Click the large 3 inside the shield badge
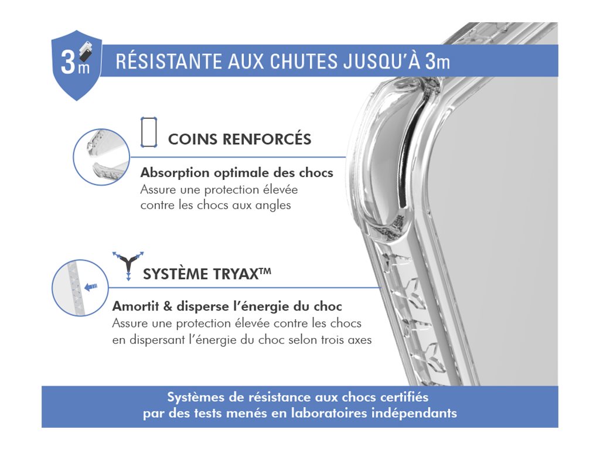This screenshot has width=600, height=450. coord(68,62)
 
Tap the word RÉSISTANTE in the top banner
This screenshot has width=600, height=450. coord(168,62)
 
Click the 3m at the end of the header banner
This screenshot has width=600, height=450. coord(437,62)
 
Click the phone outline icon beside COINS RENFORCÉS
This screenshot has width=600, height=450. coord(149,132)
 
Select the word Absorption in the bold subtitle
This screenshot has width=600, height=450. coord(175,173)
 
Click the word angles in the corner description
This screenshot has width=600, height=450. coord(273,206)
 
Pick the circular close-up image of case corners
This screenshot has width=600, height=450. coord(101,157)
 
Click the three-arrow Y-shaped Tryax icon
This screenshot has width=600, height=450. coord(128,265)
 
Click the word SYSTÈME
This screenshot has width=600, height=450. coord(176,274)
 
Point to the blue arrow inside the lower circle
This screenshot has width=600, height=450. coord(91,287)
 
